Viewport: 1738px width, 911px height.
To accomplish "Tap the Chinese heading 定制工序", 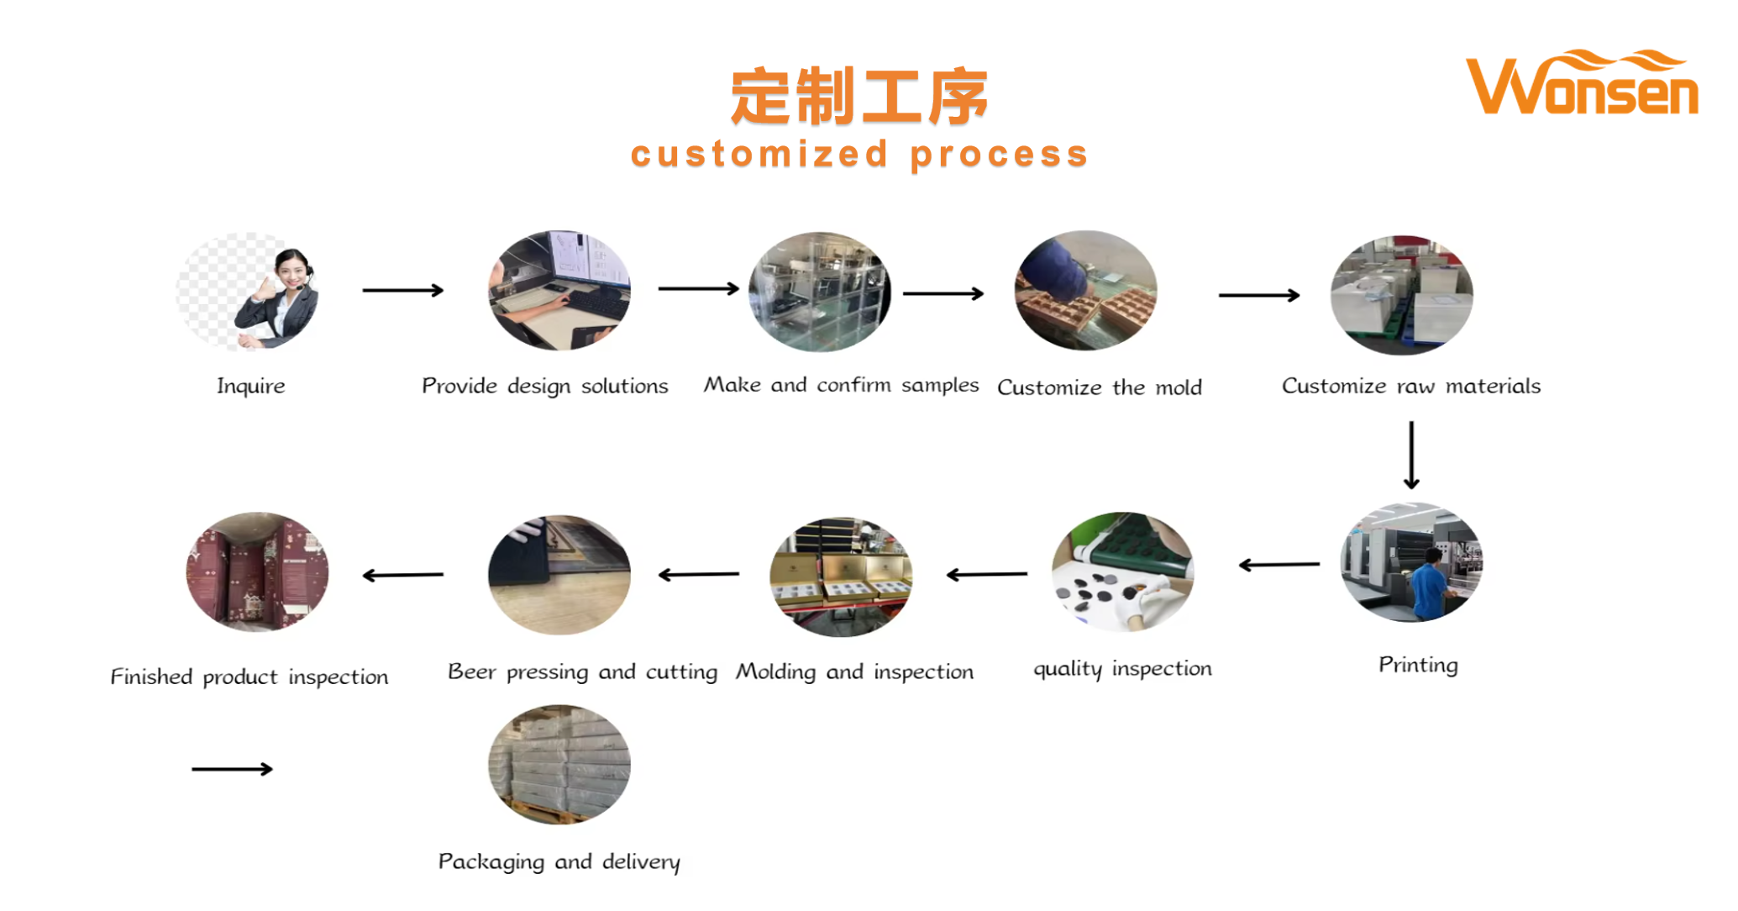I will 858,97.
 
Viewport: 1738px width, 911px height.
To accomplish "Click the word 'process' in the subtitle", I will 999,155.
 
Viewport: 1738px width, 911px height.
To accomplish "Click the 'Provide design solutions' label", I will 544,386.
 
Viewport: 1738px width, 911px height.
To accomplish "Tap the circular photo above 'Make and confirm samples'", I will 819,292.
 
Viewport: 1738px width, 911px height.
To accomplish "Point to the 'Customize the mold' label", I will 1099,387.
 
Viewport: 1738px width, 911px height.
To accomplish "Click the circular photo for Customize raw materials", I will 1401,294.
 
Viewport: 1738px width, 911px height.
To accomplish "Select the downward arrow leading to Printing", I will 1411,455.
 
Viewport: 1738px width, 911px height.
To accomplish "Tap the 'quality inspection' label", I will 1122,668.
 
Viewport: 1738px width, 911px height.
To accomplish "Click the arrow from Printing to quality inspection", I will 1279,565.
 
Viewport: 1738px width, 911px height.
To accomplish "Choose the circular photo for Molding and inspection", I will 840,577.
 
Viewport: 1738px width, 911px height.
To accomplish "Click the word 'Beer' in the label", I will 471,671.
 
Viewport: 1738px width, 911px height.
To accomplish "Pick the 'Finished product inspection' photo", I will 257,571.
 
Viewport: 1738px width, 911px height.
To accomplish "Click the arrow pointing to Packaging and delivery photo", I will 232,769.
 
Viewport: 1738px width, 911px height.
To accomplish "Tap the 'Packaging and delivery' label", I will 559,861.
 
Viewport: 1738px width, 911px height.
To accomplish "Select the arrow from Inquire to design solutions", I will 402,290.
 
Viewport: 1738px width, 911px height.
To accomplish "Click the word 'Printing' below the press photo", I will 1417,665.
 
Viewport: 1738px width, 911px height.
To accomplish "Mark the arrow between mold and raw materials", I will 1258,295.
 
